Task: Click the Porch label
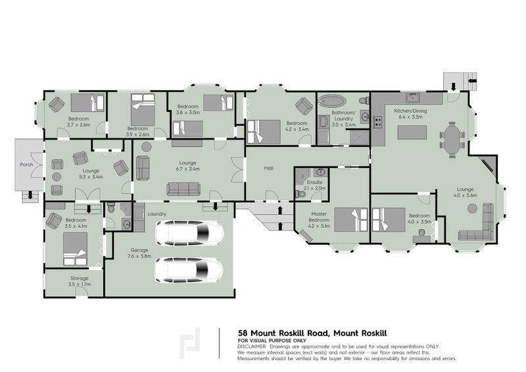point(27,165)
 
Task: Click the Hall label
point(268,168)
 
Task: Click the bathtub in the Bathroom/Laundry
point(335,102)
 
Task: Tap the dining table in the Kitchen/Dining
point(452,140)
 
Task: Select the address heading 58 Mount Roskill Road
point(299,333)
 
